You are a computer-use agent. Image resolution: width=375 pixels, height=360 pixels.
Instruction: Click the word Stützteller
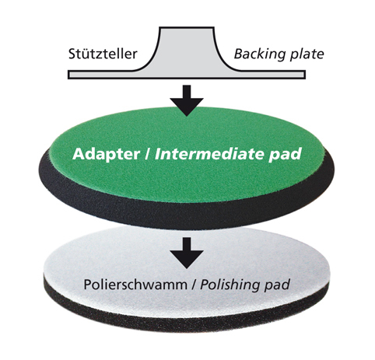pyautogui.click(x=103, y=54)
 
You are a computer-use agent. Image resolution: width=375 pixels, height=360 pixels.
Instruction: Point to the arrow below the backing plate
pyautogui.click(x=187, y=100)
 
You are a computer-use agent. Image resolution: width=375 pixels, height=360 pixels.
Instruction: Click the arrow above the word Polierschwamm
pyautogui.click(x=187, y=253)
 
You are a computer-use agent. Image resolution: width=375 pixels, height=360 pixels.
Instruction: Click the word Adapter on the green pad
pyautogui.click(x=107, y=155)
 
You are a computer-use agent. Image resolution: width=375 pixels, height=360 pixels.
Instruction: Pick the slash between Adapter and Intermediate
pyautogui.click(x=147, y=154)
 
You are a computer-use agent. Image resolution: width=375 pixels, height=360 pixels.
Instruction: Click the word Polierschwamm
pyautogui.click(x=135, y=285)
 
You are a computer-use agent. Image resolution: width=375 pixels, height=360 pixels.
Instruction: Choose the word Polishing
pyautogui.click(x=230, y=285)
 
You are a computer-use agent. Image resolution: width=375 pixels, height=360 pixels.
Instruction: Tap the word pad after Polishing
pyautogui.click(x=277, y=285)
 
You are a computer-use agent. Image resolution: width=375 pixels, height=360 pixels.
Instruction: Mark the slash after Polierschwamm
pyautogui.click(x=194, y=285)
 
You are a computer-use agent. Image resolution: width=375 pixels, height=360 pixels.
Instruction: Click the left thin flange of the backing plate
pyautogui.click(x=103, y=75)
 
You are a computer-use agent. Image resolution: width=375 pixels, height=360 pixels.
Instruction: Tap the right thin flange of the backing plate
pyautogui.click(x=270, y=75)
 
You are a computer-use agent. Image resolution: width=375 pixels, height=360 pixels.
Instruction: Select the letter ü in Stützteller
pyautogui.click(x=86, y=54)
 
